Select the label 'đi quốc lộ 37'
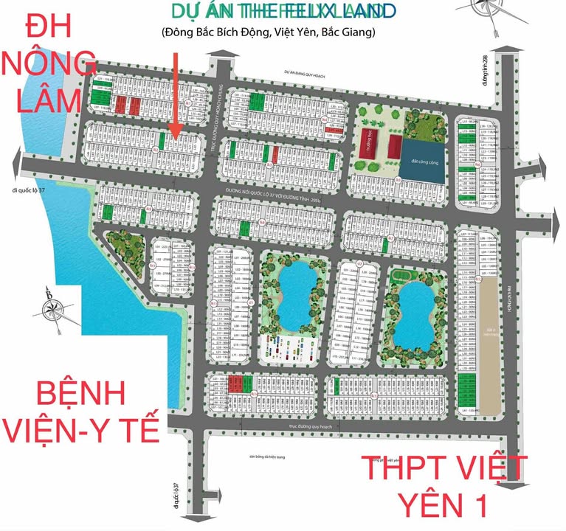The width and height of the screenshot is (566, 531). tap(35, 192)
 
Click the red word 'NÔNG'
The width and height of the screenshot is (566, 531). tap(49, 65)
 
